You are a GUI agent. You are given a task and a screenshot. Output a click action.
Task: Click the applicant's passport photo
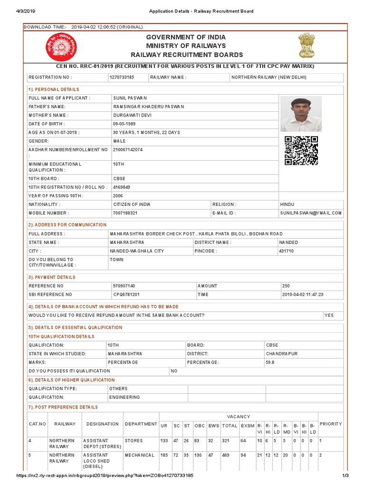point(300,114)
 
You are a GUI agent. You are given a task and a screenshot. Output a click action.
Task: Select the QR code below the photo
point(301,151)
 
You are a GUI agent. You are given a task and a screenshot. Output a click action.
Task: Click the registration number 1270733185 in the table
point(122,77)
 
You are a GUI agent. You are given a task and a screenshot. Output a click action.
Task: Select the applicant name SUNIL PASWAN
point(130,98)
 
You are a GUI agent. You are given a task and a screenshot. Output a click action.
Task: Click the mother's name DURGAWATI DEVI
point(131,115)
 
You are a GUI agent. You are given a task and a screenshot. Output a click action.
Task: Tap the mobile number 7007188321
point(125,213)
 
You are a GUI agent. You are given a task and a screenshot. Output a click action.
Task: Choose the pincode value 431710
point(286,251)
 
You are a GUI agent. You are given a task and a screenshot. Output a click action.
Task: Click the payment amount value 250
point(286,286)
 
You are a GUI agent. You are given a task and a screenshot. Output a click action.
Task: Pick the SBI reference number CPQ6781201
point(126,295)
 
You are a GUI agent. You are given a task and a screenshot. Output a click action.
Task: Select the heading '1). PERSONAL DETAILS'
point(54,89)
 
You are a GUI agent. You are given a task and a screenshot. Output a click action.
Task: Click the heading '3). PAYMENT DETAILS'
point(52,277)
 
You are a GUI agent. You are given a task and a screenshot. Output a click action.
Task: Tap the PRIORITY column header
point(330,424)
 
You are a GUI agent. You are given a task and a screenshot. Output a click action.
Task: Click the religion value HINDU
point(288,205)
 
